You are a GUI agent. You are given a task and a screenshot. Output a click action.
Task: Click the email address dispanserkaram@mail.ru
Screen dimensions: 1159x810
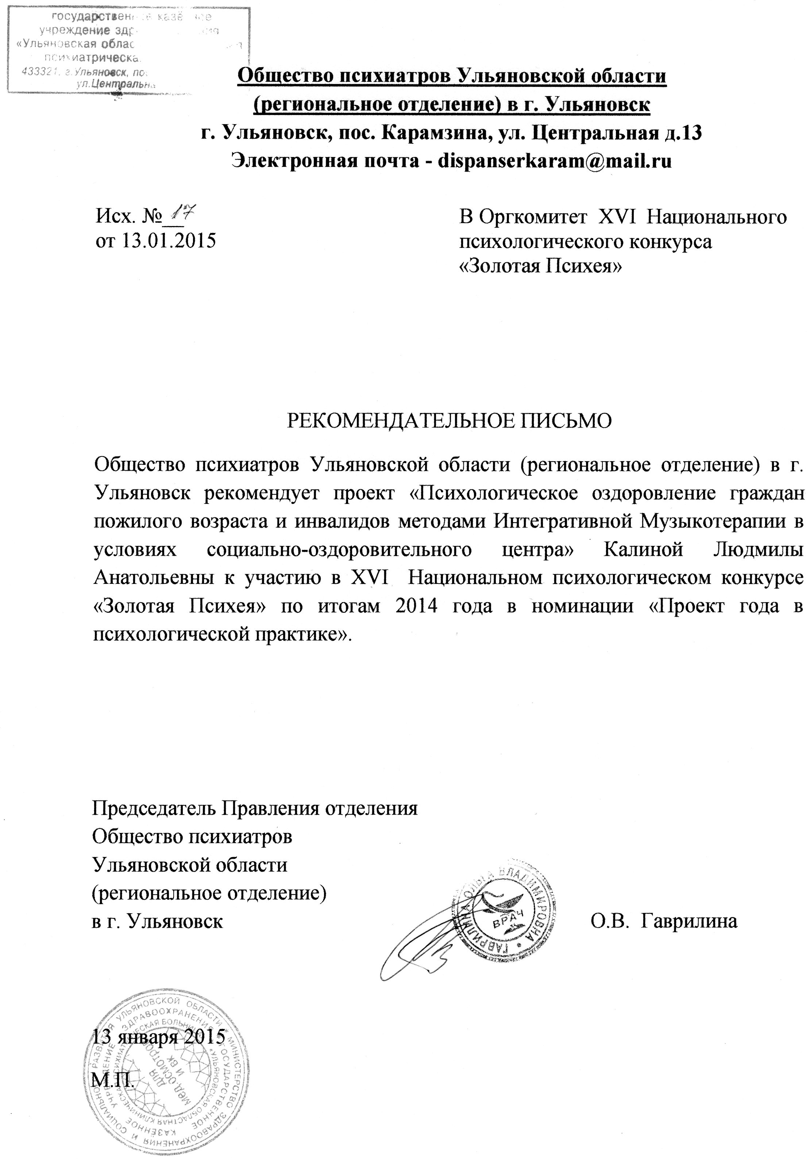(x=555, y=161)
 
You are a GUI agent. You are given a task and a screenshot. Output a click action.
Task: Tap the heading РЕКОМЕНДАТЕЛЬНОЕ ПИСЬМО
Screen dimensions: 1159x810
(x=449, y=421)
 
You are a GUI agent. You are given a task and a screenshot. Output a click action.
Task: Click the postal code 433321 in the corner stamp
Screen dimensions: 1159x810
(x=38, y=72)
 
